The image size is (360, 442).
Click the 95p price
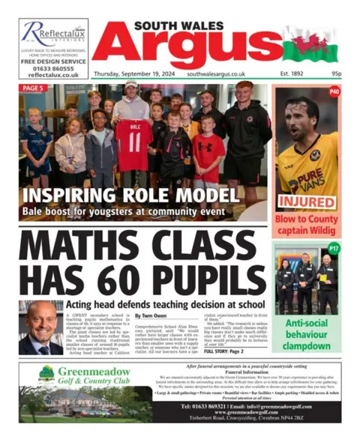point(335,75)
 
